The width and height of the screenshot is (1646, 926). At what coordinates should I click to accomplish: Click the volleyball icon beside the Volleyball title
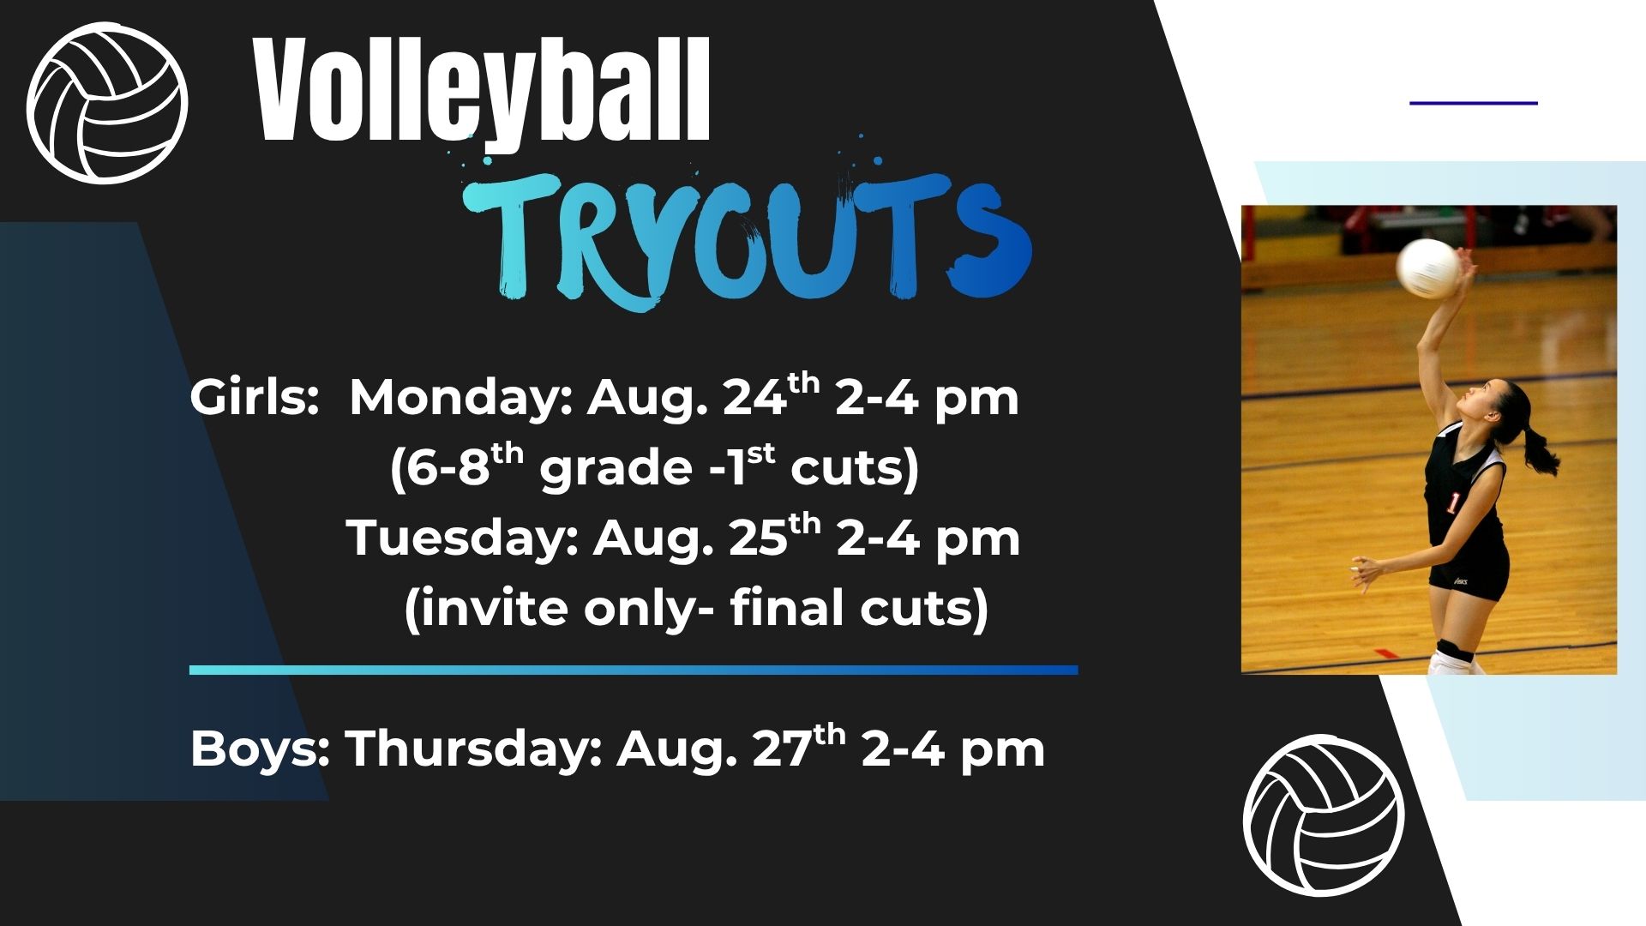pyautogui.click(x=107, y=103)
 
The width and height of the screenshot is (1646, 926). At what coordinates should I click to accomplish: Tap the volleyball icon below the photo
pyautogui.click(x=1325, y=815)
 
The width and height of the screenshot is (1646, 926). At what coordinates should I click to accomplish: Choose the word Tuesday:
pyautogui.click(x=463, y=538)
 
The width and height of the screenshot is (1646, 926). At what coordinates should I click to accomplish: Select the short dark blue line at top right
pyautogui.click(x=1474, y=103)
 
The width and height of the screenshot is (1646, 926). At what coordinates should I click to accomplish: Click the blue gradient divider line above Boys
pyautogui.click(x=634, y=670)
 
